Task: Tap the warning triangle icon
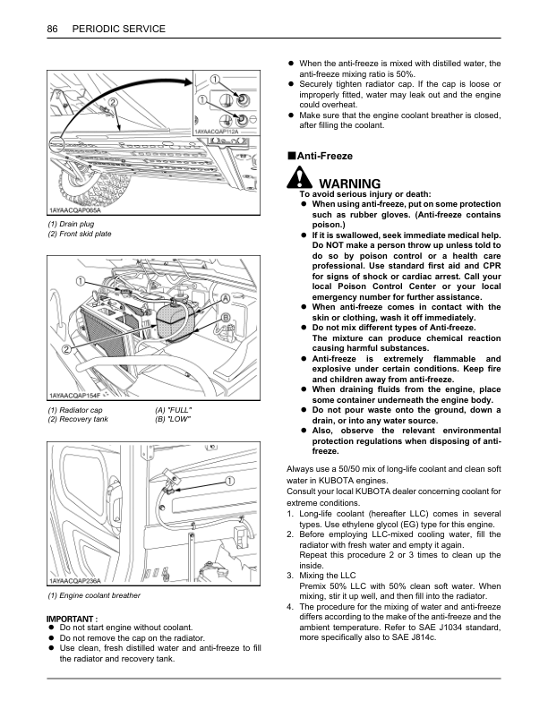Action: coord(293,181)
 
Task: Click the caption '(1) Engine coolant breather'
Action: coord(94,595)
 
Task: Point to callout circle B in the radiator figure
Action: coord(226,318)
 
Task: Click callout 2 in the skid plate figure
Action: coord(114,103)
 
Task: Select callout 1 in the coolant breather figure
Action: coord(230,481)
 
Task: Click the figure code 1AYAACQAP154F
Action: coord(75,394)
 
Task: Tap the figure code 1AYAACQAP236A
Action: coord(75,580)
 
